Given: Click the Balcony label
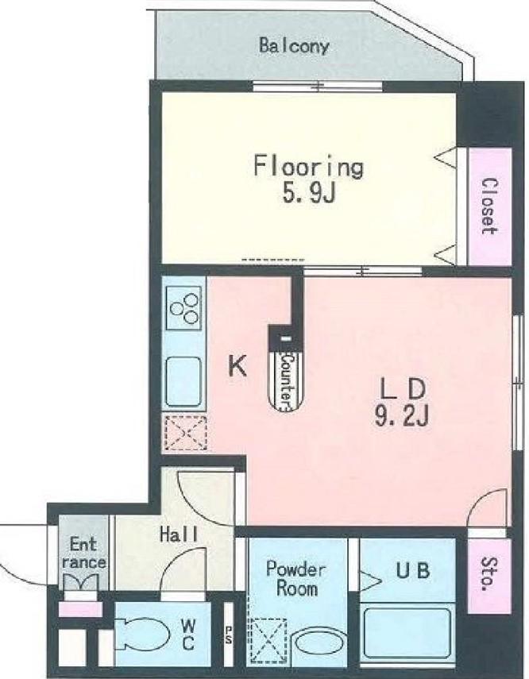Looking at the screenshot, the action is tap(294, 46).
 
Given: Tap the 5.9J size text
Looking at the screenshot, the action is tap(309, 194).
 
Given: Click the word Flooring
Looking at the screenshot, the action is tap(308, 166).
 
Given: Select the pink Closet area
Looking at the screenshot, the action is tap(489, 206).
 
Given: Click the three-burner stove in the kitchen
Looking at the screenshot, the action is tap(184, 308).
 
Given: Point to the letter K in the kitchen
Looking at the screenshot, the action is tap(237, 366).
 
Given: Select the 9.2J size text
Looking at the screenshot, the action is tap(402, 417).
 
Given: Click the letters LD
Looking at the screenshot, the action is tap(403, 389).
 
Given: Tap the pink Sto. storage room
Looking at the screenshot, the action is tap(489, 575).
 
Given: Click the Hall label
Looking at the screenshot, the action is tap(179, 534).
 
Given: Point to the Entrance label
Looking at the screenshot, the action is tap(84, 554).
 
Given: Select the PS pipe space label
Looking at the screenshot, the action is tap(228, 635).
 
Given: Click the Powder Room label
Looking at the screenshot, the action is tap(296, 578).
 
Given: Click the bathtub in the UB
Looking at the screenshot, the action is tap(407, 634).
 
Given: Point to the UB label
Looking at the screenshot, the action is tap(412, 570).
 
